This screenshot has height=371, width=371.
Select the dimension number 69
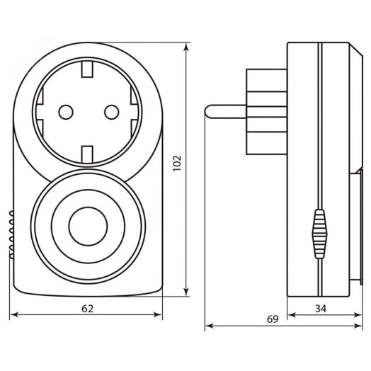273,319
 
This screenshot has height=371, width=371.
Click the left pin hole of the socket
65,111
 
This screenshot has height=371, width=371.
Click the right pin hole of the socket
110,111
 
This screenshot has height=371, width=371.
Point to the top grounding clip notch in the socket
88,69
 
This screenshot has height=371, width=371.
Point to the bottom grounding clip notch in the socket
88,154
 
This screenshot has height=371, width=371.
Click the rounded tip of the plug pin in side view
208,111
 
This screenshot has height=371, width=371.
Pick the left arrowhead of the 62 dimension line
14,316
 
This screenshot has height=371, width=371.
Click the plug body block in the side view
266,111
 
